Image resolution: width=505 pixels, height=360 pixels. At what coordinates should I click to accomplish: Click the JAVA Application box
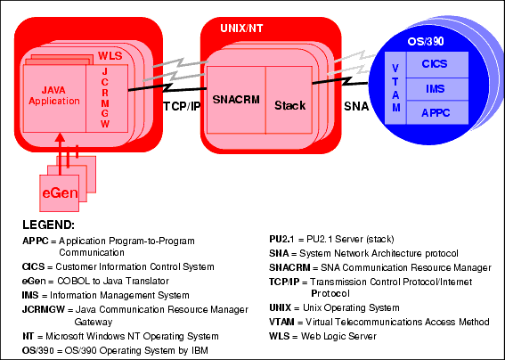click(54, 98)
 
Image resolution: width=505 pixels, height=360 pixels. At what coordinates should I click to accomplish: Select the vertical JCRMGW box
click(107, 98)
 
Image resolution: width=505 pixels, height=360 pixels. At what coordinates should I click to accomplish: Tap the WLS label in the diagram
click(110, 56)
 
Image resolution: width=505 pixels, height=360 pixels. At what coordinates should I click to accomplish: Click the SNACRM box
click(236, 100)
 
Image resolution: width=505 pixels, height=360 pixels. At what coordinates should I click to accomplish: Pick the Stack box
click(289, 100)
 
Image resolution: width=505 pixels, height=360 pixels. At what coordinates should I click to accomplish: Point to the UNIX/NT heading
click(241, 29)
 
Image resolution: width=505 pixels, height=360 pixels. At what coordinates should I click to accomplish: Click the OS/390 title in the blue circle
click(426, 41)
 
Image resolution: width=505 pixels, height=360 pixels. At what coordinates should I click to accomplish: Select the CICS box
click(437, 64)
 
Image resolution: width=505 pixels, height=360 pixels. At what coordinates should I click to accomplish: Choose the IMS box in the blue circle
click(437, 89)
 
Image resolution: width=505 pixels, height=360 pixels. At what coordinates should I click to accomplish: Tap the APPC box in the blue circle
click(437, 112)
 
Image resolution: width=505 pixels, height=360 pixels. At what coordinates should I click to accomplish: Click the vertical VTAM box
click(395, 88)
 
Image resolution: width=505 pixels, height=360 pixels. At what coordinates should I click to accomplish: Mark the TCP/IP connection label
click(182, 107)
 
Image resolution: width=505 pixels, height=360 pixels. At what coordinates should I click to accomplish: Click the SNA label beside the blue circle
click(356, 106)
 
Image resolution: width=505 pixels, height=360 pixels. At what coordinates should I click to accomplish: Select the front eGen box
click(60, 193)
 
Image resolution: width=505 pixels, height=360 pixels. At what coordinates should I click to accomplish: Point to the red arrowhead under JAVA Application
click(60, 137)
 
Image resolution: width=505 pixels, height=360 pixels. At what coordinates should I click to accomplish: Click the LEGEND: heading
click(48, 225)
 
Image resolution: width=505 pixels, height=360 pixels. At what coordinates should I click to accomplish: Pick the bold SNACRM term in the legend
click(289, 268)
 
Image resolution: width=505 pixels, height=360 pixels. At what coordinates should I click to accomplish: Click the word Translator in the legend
click(147, 281)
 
